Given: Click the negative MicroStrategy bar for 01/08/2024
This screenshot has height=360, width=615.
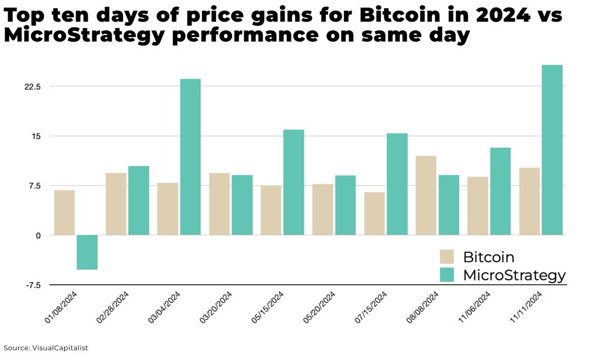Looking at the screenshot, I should [x=87, y=252].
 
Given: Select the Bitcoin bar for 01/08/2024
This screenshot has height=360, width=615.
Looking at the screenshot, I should [x=65, y=212].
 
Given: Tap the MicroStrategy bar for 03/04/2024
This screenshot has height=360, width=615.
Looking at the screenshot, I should [x=190, y=157].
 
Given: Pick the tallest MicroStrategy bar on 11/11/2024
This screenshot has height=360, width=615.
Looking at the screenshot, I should [x=552, y=150].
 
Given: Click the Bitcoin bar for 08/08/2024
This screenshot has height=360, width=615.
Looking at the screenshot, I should [x=426, y=195].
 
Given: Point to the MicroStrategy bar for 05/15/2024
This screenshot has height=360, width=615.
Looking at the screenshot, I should [x=294, y=182].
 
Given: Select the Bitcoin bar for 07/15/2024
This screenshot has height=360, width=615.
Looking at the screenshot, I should [x=374, y=213].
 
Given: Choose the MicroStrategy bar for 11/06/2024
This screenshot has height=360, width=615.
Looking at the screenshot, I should [x=500, y=191].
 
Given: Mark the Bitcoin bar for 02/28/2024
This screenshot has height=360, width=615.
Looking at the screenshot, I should [x=116, y=204].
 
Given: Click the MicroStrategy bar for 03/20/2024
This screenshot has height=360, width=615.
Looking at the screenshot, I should [x=242, y=205].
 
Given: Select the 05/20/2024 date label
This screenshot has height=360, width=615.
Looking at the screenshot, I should [x=319, y=307].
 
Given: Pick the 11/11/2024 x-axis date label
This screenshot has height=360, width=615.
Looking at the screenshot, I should [x=526, y=307].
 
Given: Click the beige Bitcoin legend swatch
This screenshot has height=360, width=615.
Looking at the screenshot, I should [x=447, y=256].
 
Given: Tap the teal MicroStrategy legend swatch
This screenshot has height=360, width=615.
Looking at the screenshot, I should [x=447, y=275].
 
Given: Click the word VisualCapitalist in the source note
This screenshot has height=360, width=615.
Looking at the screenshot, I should [x=60, y=348].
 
